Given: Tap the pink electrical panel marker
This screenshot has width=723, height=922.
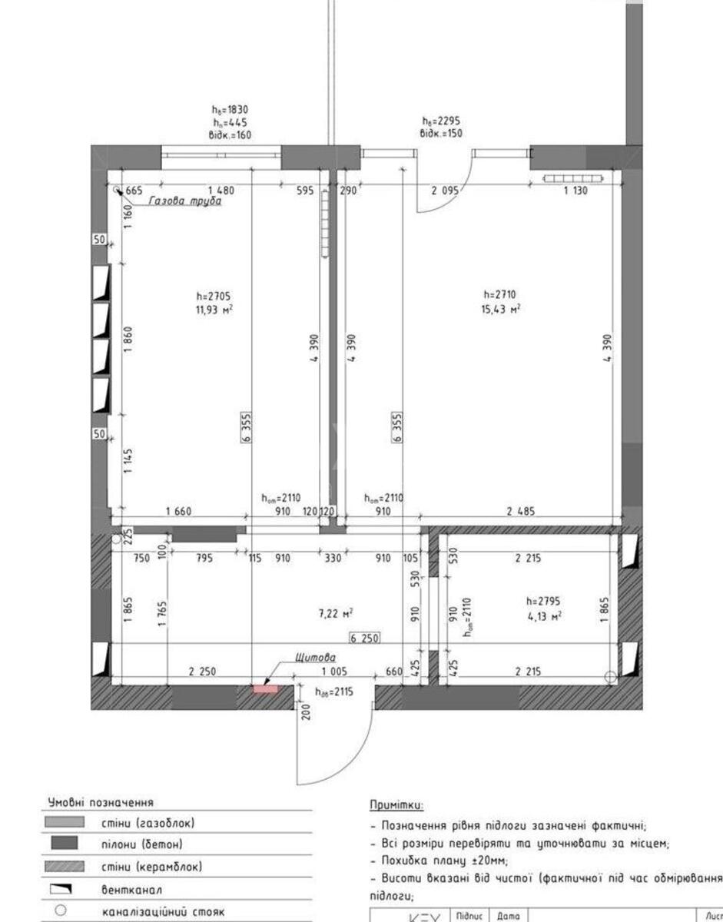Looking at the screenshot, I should tap(265, 688).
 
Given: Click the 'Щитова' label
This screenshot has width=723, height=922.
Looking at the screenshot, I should tap(315, 658).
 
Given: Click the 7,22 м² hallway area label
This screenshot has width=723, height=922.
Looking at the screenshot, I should tap(336, 614).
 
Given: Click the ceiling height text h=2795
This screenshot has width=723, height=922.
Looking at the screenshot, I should tap(544, 601).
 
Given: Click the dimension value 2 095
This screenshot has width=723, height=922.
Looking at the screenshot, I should tap(445, 191).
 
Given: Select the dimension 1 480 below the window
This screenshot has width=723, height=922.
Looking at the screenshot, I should tap(221, 191).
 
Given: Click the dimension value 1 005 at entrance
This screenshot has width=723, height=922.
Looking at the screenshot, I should tap(334, 672).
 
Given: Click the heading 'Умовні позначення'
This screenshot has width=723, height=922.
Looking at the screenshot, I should tap(101, 802).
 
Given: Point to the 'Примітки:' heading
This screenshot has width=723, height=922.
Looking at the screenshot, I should tap(396, 804).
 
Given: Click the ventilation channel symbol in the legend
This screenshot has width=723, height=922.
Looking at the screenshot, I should tap(64, 888).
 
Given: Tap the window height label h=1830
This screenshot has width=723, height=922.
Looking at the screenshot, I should tap(230, 109).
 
